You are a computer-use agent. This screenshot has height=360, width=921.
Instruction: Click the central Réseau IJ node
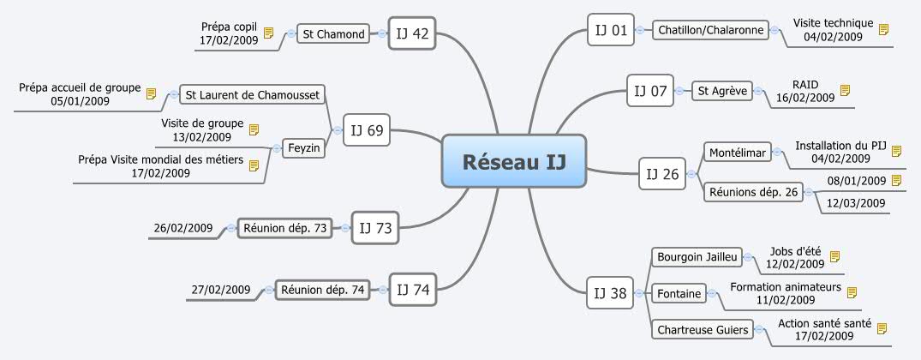[514, 160]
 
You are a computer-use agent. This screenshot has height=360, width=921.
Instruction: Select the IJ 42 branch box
[413, 34]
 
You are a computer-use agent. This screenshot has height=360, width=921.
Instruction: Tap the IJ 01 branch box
[612, 32]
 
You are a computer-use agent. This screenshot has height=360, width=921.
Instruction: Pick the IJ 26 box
[663, 174]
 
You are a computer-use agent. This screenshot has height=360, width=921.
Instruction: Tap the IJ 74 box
[414, 290]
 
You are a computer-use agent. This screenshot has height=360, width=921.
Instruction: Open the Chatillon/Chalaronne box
[710, 31]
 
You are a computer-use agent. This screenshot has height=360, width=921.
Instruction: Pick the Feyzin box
[304, 148]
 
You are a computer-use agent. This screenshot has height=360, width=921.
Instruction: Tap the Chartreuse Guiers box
[702, 329]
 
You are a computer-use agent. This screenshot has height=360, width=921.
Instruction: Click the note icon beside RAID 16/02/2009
[846, 90]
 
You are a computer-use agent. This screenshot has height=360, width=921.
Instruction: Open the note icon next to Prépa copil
[268, 33]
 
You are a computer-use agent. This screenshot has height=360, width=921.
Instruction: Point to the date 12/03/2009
[856, 203]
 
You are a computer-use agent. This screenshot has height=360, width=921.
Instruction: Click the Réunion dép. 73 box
[284, 228]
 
